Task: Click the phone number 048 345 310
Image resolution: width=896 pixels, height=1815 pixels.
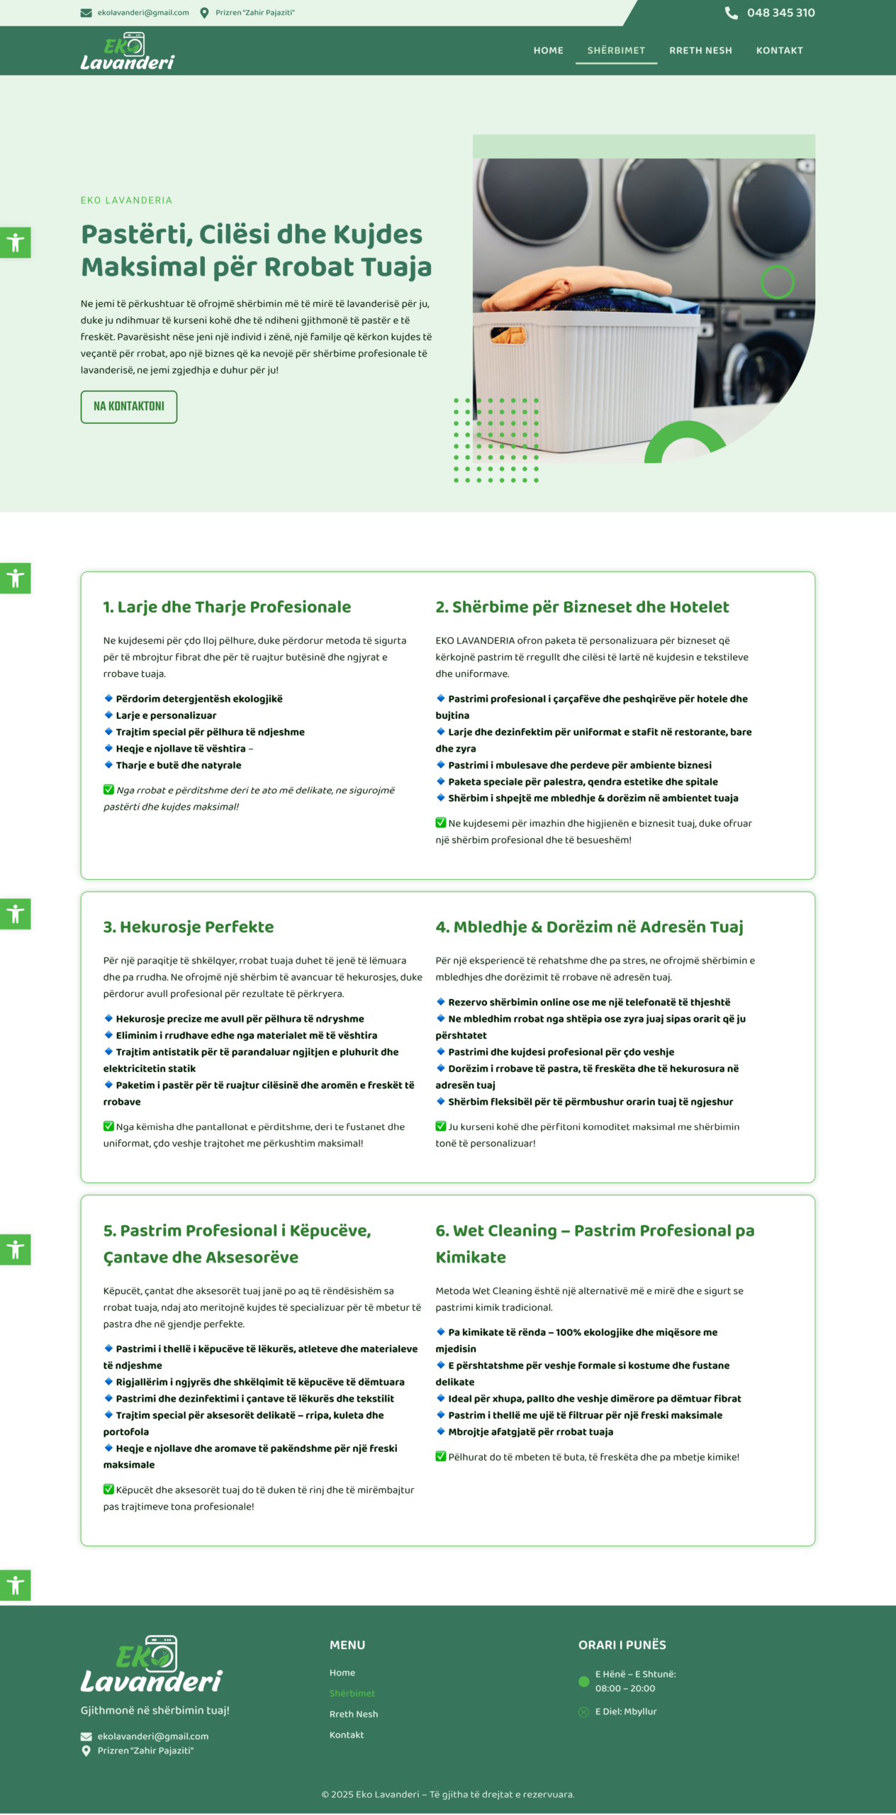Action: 780,13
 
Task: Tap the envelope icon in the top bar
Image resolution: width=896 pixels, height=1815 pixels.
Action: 86,13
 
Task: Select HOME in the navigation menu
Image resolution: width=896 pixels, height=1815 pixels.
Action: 548,50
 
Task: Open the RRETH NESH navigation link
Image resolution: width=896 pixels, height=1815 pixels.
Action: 700,50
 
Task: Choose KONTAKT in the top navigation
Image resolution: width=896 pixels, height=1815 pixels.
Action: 779,50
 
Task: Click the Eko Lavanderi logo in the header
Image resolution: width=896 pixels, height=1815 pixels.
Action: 127,52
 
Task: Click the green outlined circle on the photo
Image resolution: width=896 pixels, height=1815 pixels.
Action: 777,282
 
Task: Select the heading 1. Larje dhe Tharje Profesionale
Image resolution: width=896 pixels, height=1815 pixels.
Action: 227,607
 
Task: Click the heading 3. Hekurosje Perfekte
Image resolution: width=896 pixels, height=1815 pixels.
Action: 189,927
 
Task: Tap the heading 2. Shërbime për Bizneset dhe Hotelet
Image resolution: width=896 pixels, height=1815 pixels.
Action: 582,607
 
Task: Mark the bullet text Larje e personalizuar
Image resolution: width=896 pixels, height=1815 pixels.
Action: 166,715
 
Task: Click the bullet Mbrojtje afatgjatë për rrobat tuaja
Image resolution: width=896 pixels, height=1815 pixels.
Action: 530,1431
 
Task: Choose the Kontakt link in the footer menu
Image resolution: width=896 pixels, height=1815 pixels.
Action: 347,1735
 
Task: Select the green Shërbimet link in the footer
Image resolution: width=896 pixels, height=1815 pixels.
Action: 352,1693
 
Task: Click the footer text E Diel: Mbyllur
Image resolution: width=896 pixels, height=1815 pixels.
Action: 626,1711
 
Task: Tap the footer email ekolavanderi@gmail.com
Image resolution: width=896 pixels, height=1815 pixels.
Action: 153,1736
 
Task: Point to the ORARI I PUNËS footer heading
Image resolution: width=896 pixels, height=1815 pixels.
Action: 622,1645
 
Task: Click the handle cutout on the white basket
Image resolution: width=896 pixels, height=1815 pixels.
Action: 509,335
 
